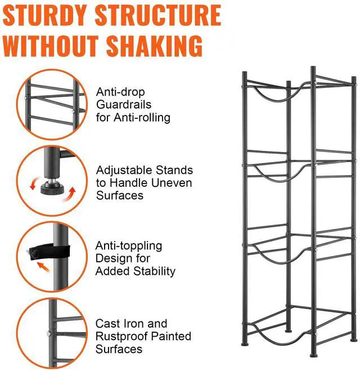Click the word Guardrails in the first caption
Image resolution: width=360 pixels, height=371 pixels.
[x=123, y=105]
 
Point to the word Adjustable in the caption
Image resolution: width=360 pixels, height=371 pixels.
[x=120, y=170]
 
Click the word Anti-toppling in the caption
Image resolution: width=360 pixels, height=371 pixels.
[x=128, y=246]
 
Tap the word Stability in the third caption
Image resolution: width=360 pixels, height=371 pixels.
[x=152, y=271]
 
